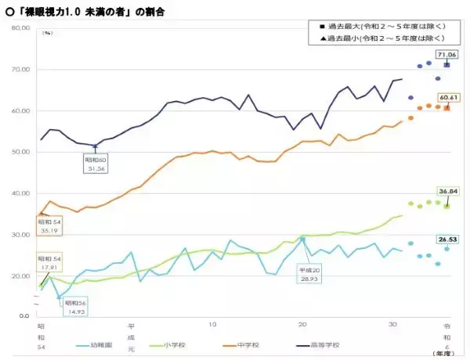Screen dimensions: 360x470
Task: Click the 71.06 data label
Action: tap(447, 54)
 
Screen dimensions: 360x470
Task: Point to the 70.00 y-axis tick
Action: tap(20, 70)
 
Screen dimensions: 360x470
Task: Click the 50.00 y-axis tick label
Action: tap(20, 152)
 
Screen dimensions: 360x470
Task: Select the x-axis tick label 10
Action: tap(212, 323)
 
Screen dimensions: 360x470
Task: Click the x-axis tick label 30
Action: tap(392, 323)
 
